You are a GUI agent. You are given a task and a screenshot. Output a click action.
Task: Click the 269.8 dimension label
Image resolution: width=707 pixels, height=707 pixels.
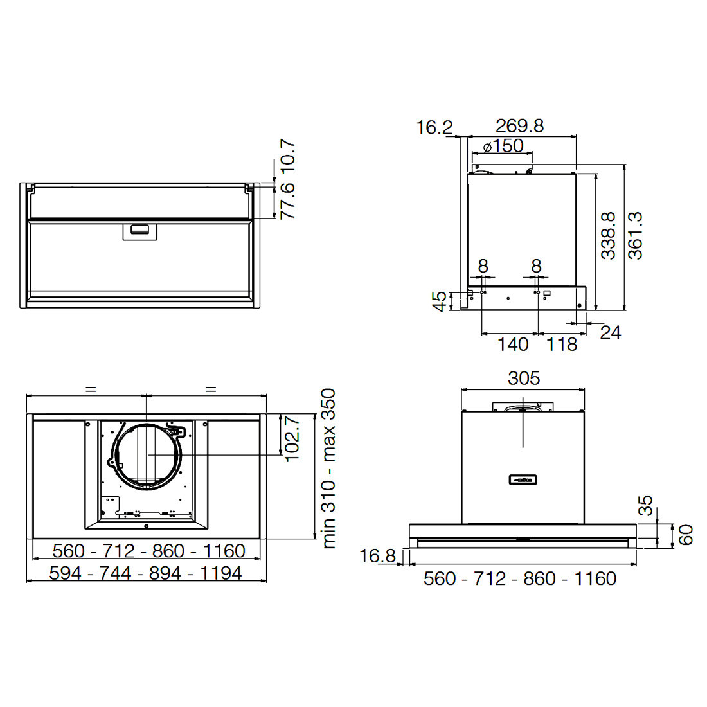click(x=519, y=126)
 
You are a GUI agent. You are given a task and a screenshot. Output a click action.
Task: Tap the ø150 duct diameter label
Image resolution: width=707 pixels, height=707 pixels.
click(x=503, y=146)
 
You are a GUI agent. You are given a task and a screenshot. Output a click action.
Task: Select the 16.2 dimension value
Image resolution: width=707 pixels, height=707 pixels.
click(x=434, y=128)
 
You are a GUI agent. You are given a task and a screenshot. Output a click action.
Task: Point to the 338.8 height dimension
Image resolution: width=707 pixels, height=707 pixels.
click(x=608, y=235)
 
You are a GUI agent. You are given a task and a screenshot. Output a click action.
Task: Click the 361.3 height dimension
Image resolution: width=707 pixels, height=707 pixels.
click(x=635, y=235)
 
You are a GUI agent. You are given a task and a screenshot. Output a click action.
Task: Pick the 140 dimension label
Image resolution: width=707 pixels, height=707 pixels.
click(x=513, y=345)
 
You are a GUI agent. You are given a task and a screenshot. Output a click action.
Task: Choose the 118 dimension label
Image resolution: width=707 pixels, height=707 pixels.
click(x=561, y=345)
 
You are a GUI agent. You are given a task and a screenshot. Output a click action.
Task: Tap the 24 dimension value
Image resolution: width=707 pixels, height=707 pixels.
click(x=611, y=333)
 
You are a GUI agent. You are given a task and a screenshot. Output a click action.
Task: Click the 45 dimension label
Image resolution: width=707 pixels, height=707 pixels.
click(x=440, y=301)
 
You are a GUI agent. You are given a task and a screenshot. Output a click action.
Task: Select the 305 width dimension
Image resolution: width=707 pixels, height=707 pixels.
click(x=523, y=379)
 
